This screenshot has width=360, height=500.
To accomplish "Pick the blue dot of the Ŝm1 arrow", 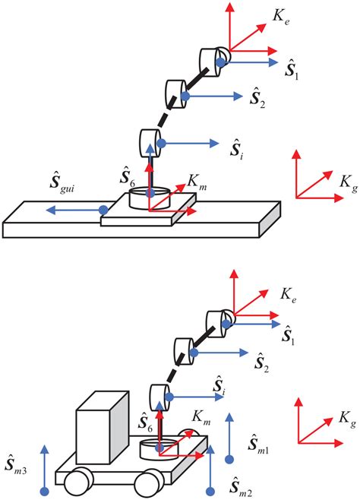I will [x=229, y=458].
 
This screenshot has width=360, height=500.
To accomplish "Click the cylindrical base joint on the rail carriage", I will [x=150, y=200].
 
